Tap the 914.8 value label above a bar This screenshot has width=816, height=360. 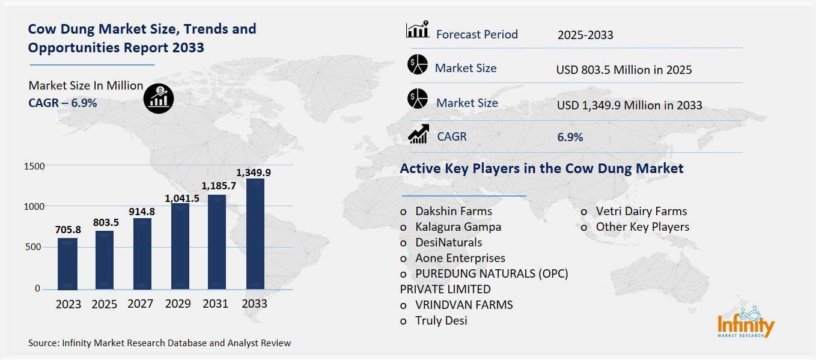[142, 212]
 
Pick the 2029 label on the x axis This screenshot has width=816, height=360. [178, 304]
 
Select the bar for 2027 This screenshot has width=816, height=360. [142, 253]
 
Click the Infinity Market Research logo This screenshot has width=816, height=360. [746, 325]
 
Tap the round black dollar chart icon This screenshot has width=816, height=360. [159, 97]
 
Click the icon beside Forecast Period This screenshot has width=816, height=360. [418, 29]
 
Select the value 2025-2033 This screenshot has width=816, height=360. [585, 35]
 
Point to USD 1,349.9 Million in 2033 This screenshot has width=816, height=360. [629, 105]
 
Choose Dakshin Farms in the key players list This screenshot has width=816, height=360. [453, 212]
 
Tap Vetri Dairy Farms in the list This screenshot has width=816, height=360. [641, 212]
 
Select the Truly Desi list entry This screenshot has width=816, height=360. [441, 321]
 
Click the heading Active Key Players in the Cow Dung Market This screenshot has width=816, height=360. [541, 169]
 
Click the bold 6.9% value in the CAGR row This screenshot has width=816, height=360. [570, 138]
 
